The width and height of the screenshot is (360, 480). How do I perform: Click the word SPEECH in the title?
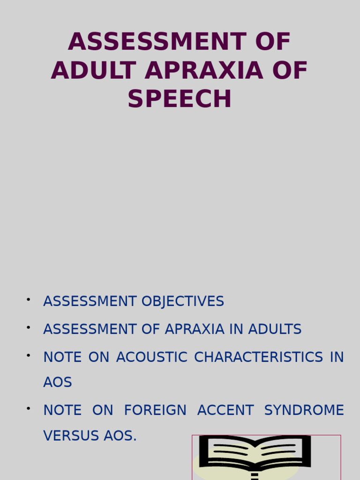tap(180, 99)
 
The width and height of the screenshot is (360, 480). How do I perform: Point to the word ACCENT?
tap(225, 410)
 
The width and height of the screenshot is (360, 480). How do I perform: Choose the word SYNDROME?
tap(304, 410)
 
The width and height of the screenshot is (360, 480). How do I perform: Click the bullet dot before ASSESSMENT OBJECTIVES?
tap(29, 299)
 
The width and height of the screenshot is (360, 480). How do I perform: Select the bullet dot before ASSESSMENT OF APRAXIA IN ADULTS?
tap(29, 327)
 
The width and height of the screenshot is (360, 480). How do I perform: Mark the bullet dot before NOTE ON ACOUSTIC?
tap(29, 354)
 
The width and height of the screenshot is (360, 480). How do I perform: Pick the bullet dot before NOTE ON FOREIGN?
tap(29, 407)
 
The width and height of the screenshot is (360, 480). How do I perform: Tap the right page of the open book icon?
tap(281, 452)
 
